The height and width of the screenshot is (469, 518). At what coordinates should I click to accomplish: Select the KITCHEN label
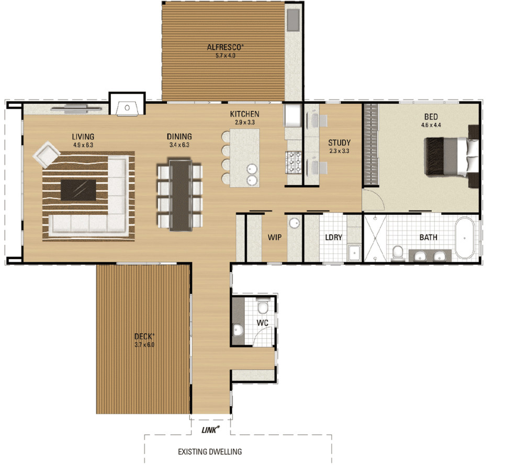click(x=244, y=114)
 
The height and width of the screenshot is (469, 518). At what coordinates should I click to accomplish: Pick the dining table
click(x=179, y=195)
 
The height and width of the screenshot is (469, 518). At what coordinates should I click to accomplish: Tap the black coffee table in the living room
click(x=78, y=189)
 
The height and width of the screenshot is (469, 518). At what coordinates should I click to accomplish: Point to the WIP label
click(x=275, y=238)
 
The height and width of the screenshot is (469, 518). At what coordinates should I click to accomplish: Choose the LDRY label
click(x=333, y=238)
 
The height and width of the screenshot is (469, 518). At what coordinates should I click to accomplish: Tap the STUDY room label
click(x=339, y=142)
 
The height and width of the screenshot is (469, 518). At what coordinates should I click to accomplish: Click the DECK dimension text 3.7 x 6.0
click(x=144, y=345)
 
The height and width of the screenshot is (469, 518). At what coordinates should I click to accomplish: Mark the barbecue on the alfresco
click(x=292, y=19)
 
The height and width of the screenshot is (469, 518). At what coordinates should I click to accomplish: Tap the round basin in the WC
click(x=238, y=330)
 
